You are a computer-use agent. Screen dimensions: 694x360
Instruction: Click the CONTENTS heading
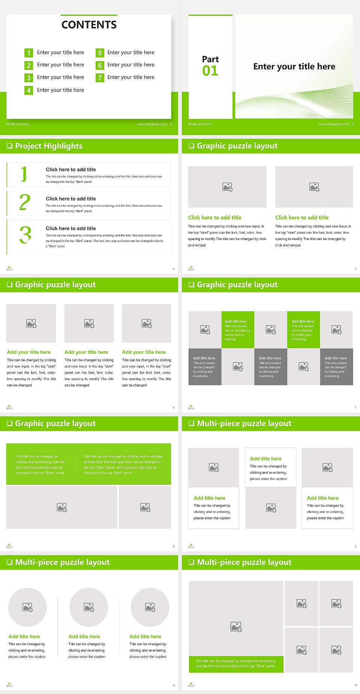point(89,25)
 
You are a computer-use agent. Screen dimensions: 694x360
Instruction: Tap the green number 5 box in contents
point(100,53)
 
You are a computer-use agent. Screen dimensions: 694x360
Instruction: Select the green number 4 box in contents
point(28,90)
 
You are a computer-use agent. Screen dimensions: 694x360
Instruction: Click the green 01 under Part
point(210,71)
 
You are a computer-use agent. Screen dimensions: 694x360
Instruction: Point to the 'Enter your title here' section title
point(294,67)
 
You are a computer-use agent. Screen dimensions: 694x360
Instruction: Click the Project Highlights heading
point(49,146)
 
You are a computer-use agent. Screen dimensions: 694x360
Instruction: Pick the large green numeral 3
point(25,235)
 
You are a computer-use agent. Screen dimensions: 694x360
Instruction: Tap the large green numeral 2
point(25,203)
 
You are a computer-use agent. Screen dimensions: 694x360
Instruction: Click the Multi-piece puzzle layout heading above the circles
point(62,562)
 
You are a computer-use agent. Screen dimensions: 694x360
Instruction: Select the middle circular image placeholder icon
point(89,607)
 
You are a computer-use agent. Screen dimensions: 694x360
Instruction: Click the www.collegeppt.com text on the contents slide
point(151,124)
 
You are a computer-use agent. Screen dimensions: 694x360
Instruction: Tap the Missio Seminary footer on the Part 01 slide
point(200,124)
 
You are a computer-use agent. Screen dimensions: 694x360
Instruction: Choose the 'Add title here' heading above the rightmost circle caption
point(145,637)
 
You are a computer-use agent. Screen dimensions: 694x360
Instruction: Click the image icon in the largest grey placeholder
point(236,626)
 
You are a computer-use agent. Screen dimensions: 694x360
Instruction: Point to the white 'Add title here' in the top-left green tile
point(236,321)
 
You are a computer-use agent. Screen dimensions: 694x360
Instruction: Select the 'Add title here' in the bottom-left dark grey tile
point(204,358)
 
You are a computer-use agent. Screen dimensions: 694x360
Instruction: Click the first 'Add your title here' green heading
point(29,352)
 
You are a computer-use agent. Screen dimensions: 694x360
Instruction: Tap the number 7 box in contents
point(100,78)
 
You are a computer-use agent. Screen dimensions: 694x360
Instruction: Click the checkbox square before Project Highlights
point(10,146)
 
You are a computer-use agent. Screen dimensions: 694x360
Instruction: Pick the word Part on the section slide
point(210,59)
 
